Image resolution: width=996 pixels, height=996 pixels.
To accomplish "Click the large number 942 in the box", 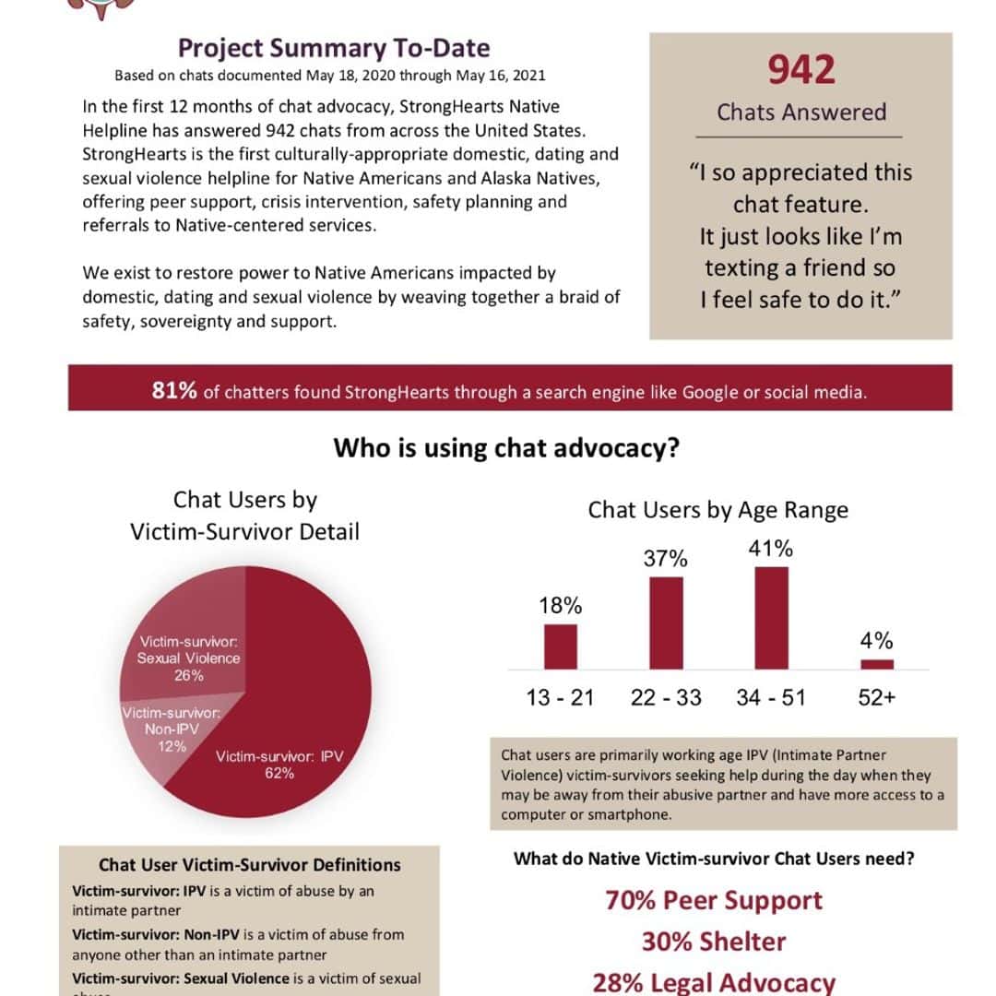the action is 800,71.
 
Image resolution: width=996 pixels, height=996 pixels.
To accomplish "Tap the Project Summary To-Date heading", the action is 333,47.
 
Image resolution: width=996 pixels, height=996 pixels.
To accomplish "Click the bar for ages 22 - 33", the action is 666,622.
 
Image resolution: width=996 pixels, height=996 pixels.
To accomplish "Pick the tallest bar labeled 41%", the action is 772,617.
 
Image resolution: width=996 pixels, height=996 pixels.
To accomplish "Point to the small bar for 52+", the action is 877,663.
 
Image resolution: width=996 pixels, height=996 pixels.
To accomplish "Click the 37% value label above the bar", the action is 666,559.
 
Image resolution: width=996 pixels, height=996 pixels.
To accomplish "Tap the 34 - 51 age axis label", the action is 771,698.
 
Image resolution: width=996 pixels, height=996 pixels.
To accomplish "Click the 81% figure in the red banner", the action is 174,391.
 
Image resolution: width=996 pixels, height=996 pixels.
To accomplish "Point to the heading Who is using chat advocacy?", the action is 506,448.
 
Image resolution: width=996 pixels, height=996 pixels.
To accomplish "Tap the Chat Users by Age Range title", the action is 717,510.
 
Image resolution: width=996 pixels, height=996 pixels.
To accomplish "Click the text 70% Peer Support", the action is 714,900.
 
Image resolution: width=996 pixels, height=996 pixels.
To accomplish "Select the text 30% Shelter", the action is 714,942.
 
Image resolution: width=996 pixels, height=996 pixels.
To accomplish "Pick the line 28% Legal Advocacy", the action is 714,982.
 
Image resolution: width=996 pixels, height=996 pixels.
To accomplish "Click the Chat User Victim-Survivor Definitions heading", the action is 250,865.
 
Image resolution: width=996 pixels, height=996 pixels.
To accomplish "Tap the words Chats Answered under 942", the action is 800,113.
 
